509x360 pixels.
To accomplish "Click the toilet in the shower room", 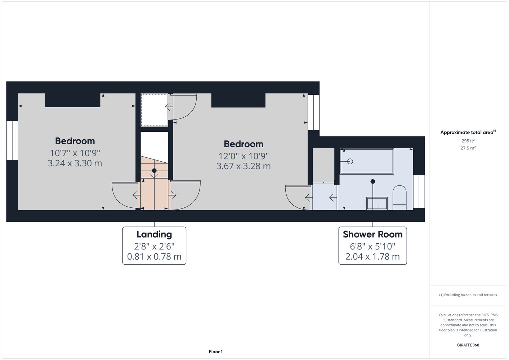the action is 399,198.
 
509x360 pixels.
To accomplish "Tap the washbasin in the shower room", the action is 377,203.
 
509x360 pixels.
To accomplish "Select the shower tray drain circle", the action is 350,161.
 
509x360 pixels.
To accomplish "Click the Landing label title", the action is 154,234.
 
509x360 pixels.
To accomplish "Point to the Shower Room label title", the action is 373,234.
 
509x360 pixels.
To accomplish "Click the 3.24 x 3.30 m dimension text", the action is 75,163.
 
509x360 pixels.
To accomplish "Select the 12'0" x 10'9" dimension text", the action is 244,156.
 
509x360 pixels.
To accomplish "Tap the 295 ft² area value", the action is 468,141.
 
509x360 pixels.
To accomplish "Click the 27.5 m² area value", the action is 468,148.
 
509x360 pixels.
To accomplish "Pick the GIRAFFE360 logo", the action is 468,345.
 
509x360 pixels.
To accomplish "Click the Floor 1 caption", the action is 216,352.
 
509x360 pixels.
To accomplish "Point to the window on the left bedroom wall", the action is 12,140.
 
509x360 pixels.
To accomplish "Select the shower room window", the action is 419,191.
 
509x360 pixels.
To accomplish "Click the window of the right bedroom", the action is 314,112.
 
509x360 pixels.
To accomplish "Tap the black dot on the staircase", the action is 154,170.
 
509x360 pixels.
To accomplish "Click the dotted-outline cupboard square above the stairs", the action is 154,110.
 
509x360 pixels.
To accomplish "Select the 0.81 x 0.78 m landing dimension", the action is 154,256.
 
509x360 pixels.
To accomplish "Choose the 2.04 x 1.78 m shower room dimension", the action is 373,256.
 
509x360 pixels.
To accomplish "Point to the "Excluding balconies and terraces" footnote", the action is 468,295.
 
